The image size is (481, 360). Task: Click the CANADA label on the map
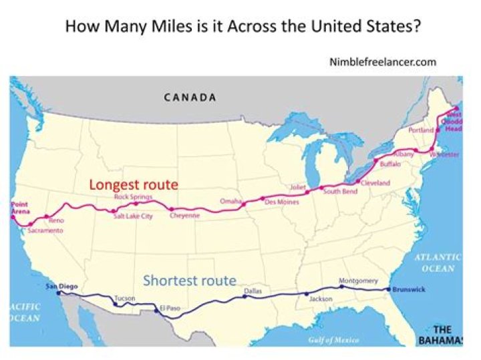[190, 98]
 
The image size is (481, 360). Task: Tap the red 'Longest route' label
[134, 184]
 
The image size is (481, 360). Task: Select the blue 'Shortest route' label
[190, 280]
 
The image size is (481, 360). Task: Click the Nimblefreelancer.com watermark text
[383, 62]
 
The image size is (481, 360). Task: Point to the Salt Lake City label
[133, 216]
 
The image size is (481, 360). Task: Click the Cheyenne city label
[184, 216]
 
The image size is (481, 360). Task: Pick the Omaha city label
[230, 201]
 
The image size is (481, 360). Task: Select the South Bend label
[340, 192]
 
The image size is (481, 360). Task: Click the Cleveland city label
[375, 182]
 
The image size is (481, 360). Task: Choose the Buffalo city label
[390, 164]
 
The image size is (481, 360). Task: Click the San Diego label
[57, 287]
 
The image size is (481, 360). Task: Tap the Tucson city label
[125, 298]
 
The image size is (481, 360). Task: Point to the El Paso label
[170, 308]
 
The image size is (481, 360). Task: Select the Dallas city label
[253, 291]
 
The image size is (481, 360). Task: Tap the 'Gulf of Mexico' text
[335, 340]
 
